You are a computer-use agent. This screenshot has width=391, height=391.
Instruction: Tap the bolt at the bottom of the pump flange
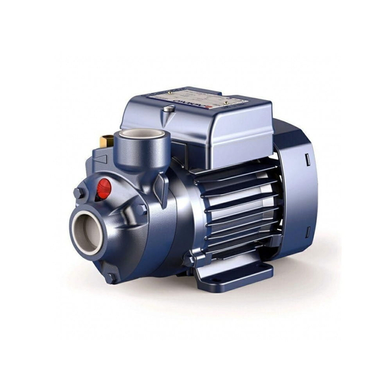pyautogui.click(x=112, y=278)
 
